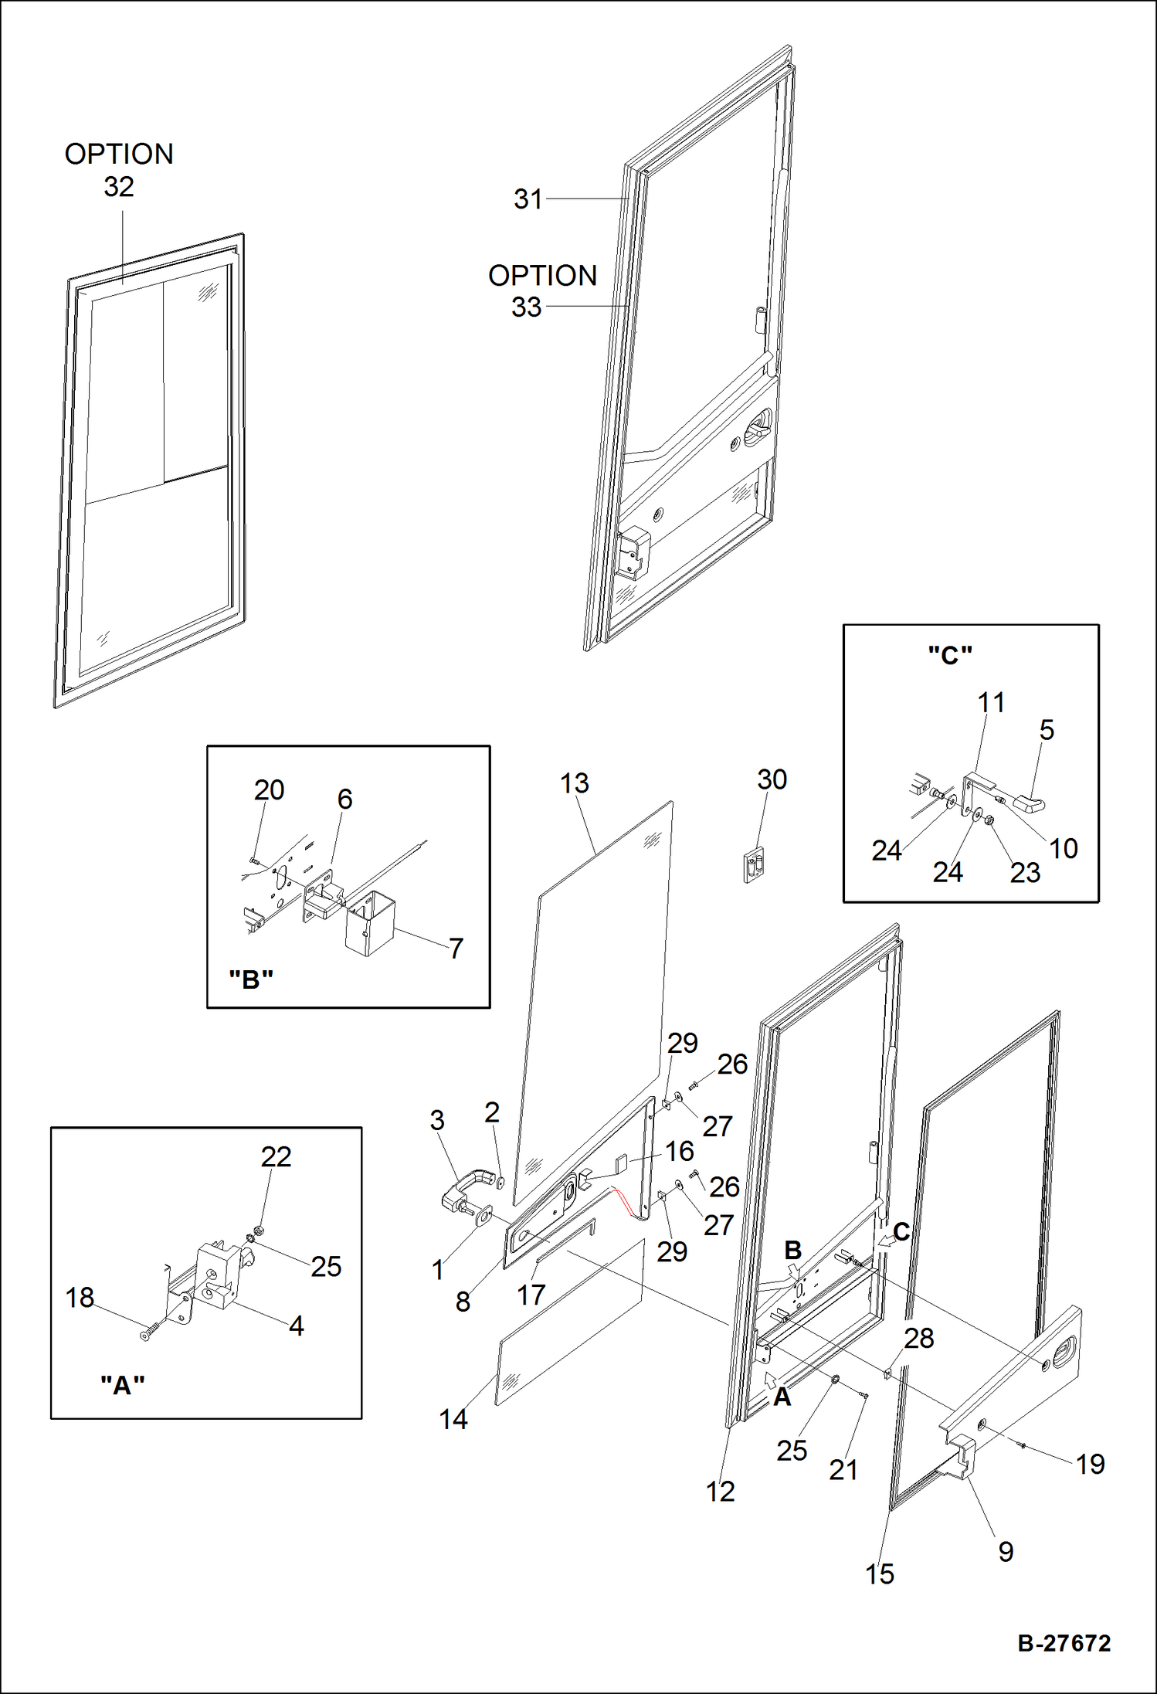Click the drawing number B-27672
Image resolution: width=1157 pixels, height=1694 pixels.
click(x=1064, y=1642)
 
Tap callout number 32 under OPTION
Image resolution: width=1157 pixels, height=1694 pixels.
click(x=119, y=187)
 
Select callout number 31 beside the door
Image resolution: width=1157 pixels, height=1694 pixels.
click(x=528, y=199)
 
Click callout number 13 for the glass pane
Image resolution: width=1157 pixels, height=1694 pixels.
click(x=574, y=783)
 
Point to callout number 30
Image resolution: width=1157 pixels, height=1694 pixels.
click(x=772, y=779)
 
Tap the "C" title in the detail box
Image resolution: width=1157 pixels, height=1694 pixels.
click(x=949, y=655)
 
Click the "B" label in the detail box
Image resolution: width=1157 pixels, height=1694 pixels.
click(x=251, y=979)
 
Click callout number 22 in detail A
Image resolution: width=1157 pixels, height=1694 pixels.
click(x=276, y=1156)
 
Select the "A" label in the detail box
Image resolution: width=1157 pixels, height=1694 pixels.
click(x=123, y=1386)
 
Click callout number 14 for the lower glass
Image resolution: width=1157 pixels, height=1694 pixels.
click(x=453, y=1419)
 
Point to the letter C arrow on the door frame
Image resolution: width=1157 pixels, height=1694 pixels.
click(x=901, y=1231)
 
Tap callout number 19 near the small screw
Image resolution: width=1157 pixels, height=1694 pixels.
click(x=1090, y=1464)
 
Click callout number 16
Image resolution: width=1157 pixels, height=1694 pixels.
click(x=679, y=1151)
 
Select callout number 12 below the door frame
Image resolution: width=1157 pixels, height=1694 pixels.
click(x=720, y=1491)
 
